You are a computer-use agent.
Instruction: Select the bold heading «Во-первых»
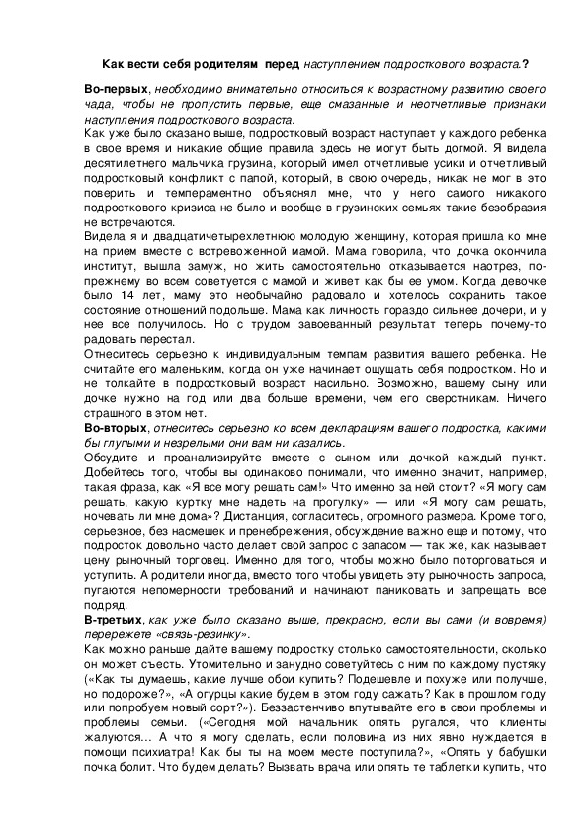click(x=117, y=90)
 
